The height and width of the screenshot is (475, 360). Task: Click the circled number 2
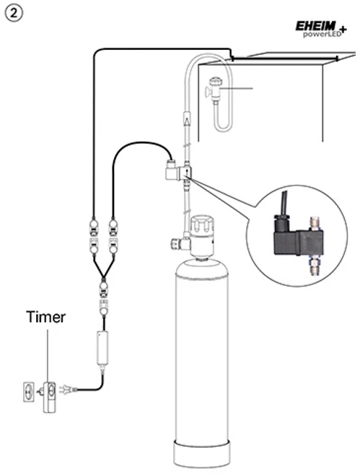click(x=14, y=14)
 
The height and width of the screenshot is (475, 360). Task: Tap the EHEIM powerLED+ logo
click(x=321, y=29)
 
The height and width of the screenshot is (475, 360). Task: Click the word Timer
click(x=45, y=317)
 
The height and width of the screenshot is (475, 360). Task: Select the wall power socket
click(x=28, y=392)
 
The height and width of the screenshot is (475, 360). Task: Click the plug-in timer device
click(x=49, y=397)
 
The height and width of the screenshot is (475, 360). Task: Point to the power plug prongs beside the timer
click(x=66, y=389)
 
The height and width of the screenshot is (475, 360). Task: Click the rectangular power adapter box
click(x=102, y=349)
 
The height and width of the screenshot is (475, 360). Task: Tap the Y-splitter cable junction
click(x=104, y=273)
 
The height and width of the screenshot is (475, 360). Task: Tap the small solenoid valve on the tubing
click(x=179, y=173)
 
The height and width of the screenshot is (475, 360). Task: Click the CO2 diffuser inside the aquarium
click(x=215, y=89)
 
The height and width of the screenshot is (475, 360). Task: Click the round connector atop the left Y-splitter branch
click(x=94, y=225)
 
